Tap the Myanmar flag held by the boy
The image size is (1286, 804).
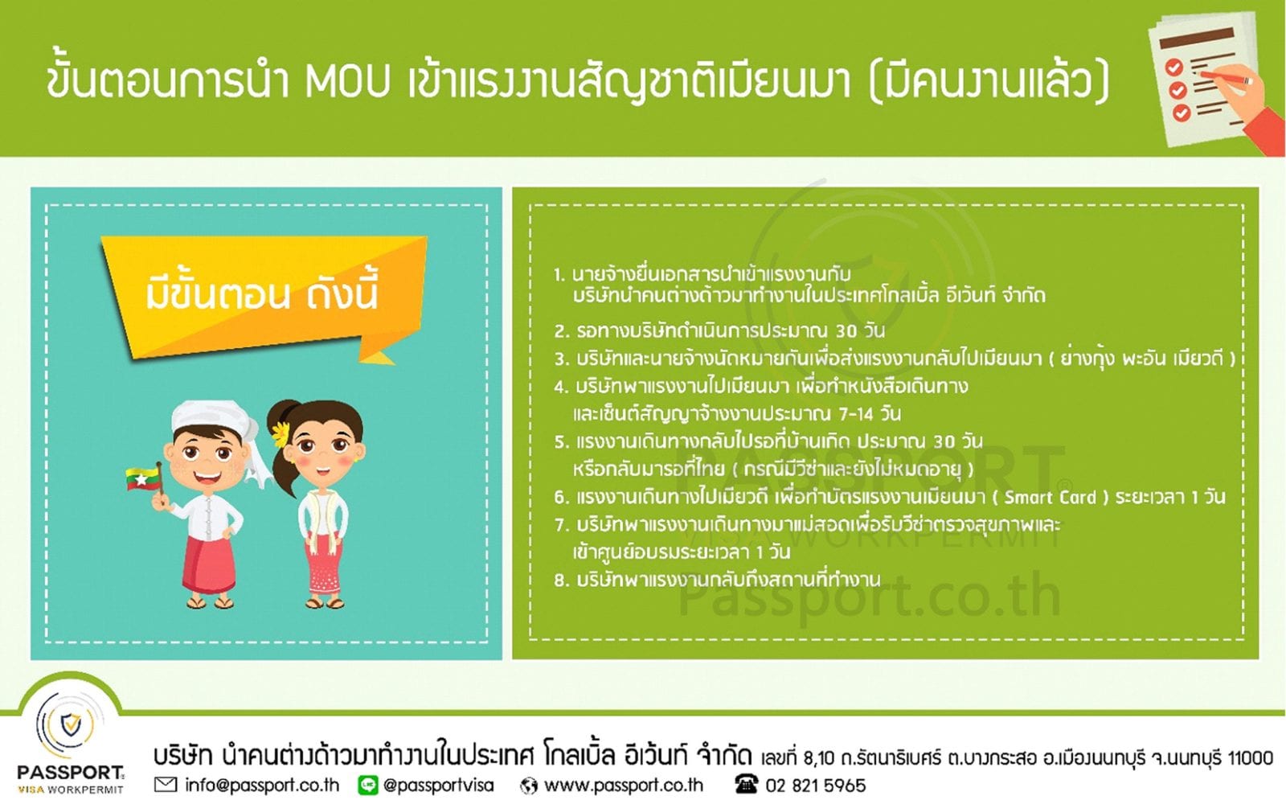(x=143, y=478)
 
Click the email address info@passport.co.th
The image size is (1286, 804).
(x=262, y=785)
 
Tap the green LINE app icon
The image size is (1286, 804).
(x=368, y=785)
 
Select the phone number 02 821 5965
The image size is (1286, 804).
(x=815, y=785)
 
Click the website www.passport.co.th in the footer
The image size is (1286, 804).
(x=624, y=785)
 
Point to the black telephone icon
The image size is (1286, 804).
(x=746, y=785)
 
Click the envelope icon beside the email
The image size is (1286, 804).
(x=166, y=785)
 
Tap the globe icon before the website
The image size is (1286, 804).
(x=528, y=786)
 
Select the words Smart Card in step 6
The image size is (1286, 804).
(x=1050, y=498)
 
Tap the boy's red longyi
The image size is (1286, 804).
(x=208, y=566)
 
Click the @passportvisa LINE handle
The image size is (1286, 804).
(x=439, y=785)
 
